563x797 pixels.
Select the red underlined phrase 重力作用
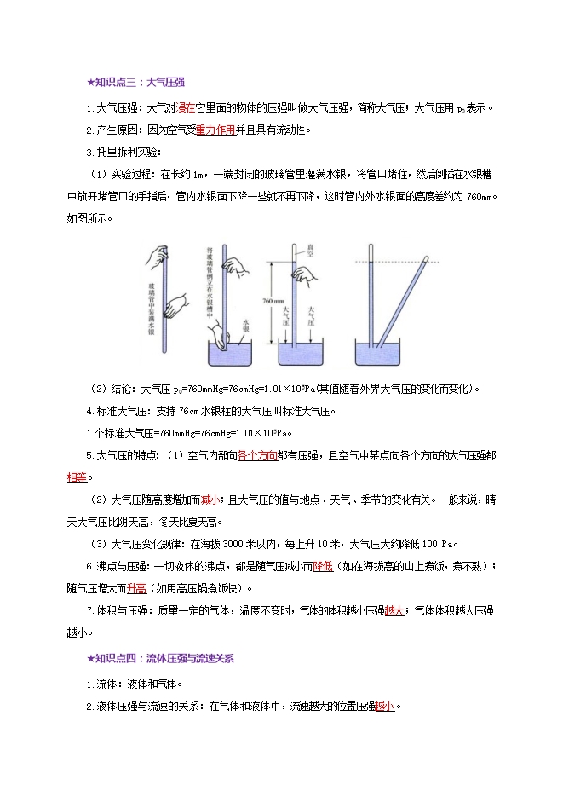pyautogui.click(x=215, y=130)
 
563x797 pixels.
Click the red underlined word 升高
pyautogui.click(x=137, y=587)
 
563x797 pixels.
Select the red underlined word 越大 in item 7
pyautogui.click(x=394, y=610)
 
